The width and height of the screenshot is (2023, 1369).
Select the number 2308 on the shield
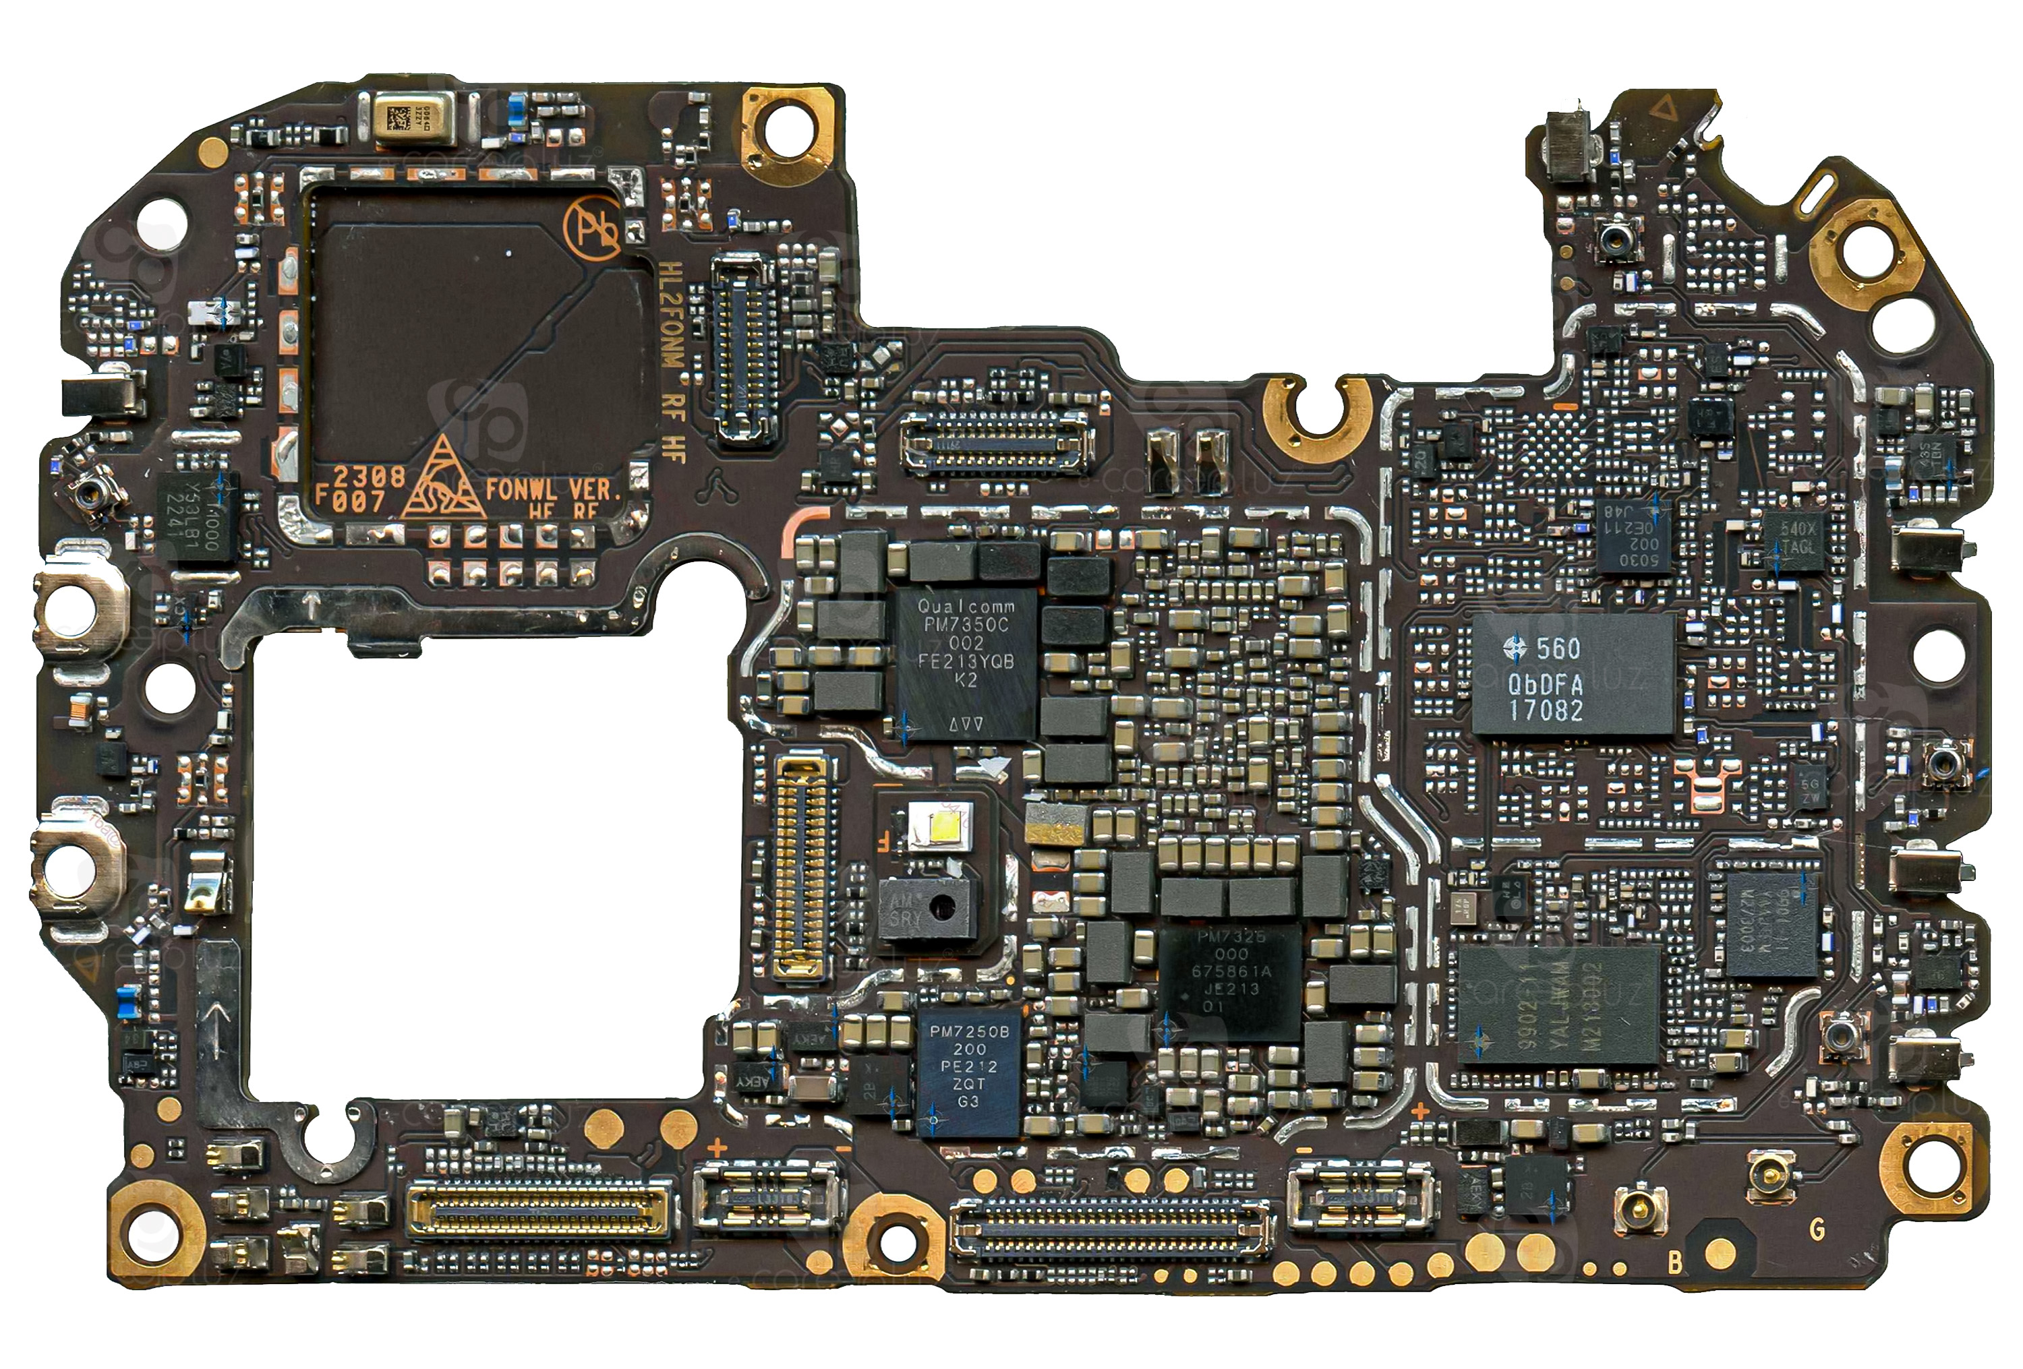click(x=368, y=476)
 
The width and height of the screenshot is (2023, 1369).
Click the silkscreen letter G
click(x=1817, y=1229)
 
